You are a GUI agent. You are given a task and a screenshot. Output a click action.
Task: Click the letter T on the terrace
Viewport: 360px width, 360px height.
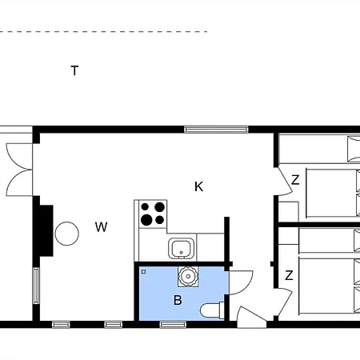tap(74, 70)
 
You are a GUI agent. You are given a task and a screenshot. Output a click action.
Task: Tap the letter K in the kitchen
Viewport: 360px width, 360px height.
tap(199, 186)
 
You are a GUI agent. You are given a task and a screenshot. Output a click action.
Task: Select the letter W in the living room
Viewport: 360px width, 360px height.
tap(101, 227)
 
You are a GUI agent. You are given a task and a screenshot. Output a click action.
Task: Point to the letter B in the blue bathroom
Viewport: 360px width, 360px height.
tap(178, 301)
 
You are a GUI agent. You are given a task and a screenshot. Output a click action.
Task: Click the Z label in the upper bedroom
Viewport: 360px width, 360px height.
tap(294, 181)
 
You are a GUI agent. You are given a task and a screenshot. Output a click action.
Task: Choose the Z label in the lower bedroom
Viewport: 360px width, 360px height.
tap(289, 275)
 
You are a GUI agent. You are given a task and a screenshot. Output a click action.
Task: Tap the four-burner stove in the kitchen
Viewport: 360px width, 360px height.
tap(153, 214)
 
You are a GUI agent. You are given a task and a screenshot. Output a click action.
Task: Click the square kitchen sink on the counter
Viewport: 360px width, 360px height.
tap(182, 248)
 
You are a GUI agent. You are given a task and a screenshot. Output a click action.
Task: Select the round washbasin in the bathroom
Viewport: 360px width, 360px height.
tap(188, 277)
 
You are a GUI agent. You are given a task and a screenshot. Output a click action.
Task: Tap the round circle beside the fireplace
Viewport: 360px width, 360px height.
tap(67, 234)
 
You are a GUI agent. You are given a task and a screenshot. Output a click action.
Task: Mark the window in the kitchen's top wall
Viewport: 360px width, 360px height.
tap(215, 129)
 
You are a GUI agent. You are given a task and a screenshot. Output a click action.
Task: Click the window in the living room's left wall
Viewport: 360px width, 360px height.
tap(36, 284)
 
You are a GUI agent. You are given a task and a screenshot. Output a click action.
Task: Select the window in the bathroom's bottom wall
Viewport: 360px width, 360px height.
tap(172, 324)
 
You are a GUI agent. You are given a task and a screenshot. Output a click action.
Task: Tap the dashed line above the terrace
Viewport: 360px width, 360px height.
tap(104, 32)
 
